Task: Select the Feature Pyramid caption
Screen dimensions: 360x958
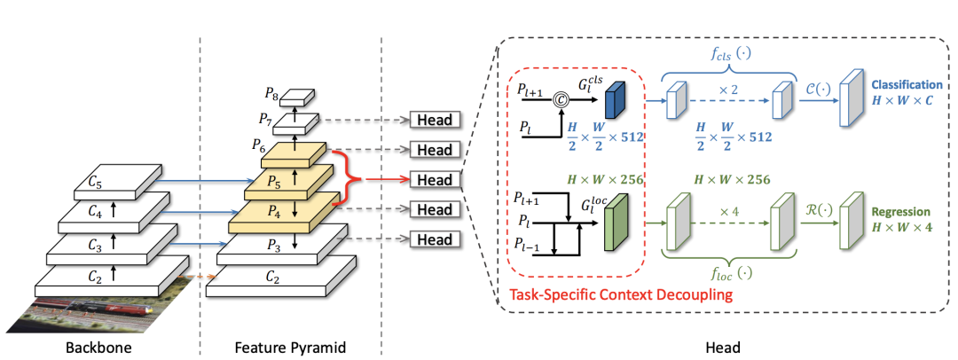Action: (x=290, y=348)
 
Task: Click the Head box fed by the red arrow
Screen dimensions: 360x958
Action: (x=434, y=180)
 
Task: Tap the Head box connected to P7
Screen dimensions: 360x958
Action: (x=434, y=121)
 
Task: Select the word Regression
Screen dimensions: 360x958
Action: (x=900, y=213)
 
